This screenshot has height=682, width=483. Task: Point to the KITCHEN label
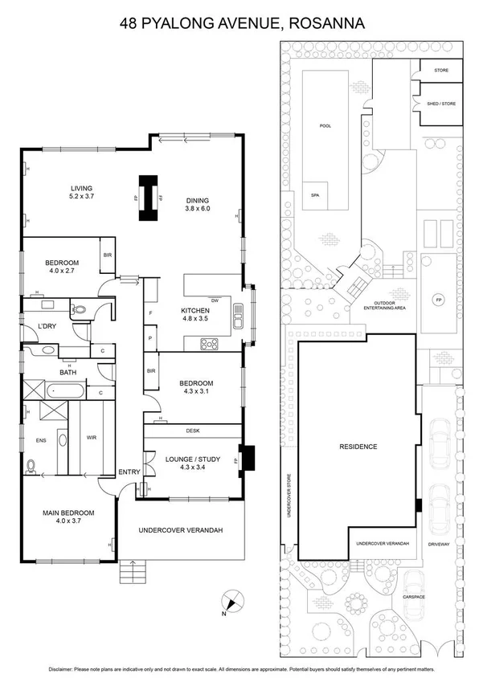(195, 310)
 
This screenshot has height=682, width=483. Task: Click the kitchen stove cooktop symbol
(211, 345)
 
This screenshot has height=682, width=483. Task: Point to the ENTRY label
(129, 472)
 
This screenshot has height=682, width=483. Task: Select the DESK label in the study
(192, 431)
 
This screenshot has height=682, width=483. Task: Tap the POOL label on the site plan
(325, 126)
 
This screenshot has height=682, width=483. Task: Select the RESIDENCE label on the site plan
(358, 447)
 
